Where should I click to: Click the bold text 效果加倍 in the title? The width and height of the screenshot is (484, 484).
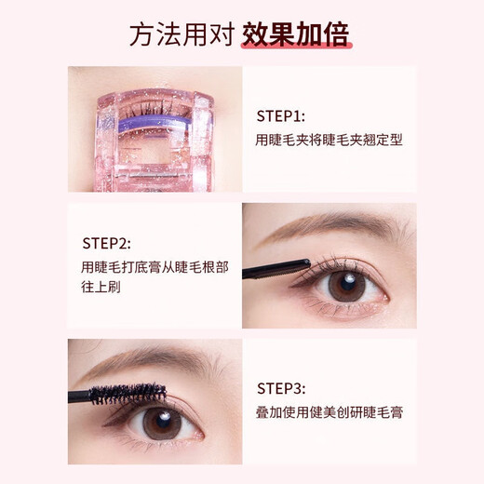pyautogui.click(x=295, y=35)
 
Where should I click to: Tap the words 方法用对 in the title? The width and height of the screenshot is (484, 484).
pyautogui.click(x=181, y=35)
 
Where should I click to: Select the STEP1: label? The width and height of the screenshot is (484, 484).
pyautogui.click(x=280, y=117)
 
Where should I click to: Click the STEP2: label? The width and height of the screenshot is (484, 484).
pyautogui.click(x=107, y=244)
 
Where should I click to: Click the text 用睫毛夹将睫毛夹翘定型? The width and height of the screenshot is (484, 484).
pyautogui.click(x=320, y=141)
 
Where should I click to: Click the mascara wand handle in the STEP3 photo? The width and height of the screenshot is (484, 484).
pyautogui.click(x=82, y=396)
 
